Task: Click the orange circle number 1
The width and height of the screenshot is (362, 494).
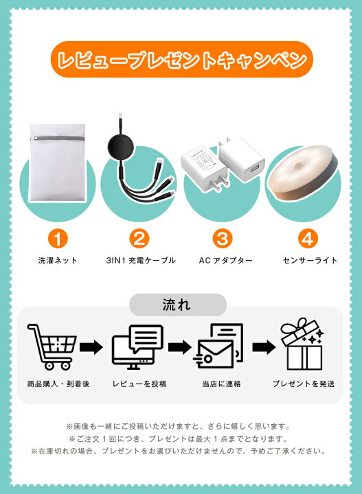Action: tap(58, 238)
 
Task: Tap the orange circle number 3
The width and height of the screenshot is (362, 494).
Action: tap(221, 238)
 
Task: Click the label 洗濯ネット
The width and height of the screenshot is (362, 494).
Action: tap(58, 261)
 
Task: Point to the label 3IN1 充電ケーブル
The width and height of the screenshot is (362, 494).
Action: tap(139, 261)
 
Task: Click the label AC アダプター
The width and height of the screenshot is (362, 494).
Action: tap(221, 261)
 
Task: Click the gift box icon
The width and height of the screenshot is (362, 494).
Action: tap(303, 346)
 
